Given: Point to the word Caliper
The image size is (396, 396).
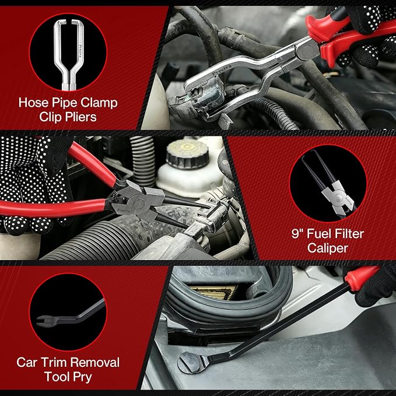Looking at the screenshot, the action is pos(328,248).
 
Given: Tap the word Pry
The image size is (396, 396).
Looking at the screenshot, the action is pos(82,377).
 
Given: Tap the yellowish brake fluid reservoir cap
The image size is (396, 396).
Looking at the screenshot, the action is pos(187,151).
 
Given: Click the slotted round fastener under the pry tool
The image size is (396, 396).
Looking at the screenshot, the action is pos(190,362).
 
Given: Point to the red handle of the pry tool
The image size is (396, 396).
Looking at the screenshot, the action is pos(361,276).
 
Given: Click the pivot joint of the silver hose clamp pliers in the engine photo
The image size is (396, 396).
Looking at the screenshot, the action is pos(306,48).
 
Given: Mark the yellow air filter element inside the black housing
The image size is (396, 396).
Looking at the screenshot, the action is pos(214,292).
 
